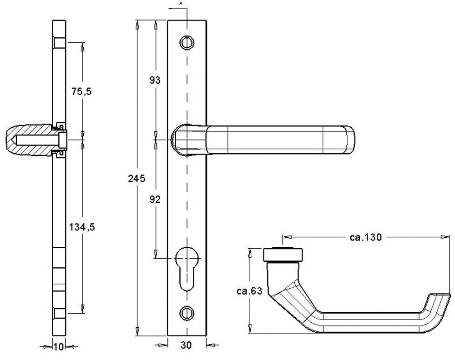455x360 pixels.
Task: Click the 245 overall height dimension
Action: click(136, 179)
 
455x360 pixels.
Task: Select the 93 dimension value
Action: click(155, 80)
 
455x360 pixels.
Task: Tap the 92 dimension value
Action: click(155, 200)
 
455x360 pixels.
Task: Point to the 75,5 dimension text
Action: click(81, 91)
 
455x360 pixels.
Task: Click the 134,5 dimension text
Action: click(82, 227)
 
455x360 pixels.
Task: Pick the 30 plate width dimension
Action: click(186, 345)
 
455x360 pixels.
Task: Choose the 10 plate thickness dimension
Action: click(59, 346)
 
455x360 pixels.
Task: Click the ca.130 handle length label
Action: click(366, 237)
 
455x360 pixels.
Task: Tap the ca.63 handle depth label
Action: click(249, 291)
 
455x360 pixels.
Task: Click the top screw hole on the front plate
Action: click(187, 42)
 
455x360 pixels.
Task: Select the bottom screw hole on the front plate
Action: click(187, 312)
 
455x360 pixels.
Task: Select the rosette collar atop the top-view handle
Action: click(283, 255)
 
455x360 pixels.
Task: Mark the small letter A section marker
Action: click(181, 3)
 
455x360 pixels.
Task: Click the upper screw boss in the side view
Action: click(60, 43)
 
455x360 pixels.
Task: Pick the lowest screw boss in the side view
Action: click(60, 313)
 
